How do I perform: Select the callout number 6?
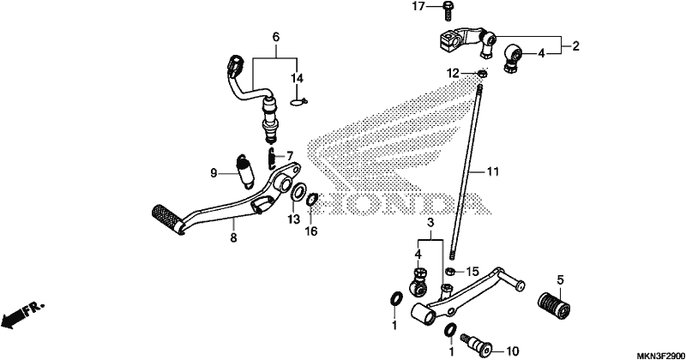(x=275, y=37)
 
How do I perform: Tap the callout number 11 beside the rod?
(x=492, y=172)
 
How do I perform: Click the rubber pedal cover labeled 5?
(x=554, y=305)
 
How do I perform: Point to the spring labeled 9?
(x=245, y=171)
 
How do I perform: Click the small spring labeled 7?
(x=271, y=159)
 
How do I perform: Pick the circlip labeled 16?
(x=312, y=200)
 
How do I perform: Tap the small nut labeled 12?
(x=481, y=74)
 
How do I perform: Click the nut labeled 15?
(x=452, y=272)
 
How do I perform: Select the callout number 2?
(x=575, y=46)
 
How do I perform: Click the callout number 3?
(x=430, y=223)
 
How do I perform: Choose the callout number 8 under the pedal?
(x=233, y=238)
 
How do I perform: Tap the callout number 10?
(x=512, y=351)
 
